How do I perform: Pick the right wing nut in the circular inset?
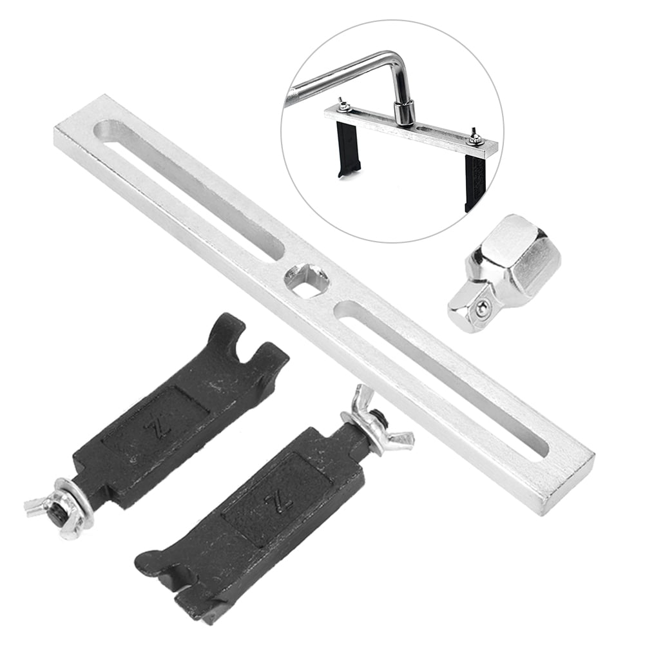pyautogui.click(x=476, y=136)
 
